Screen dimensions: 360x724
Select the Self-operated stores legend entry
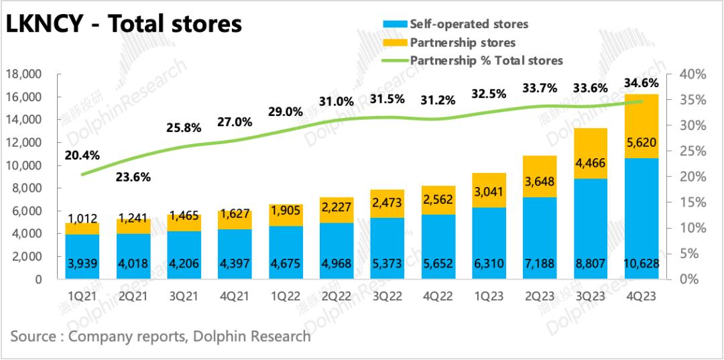(x=469, y=24)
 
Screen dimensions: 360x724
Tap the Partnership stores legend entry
(x=462, y=42)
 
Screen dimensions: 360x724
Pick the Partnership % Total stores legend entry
(x=486, y=60)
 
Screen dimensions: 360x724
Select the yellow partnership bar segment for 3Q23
(x=591, y=154)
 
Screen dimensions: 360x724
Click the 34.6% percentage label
(x=641, y=84)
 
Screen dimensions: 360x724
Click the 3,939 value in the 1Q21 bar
(x=82, y=263)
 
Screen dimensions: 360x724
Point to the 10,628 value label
(x=640, y=263)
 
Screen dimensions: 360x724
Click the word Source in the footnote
(x=34, y=336)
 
